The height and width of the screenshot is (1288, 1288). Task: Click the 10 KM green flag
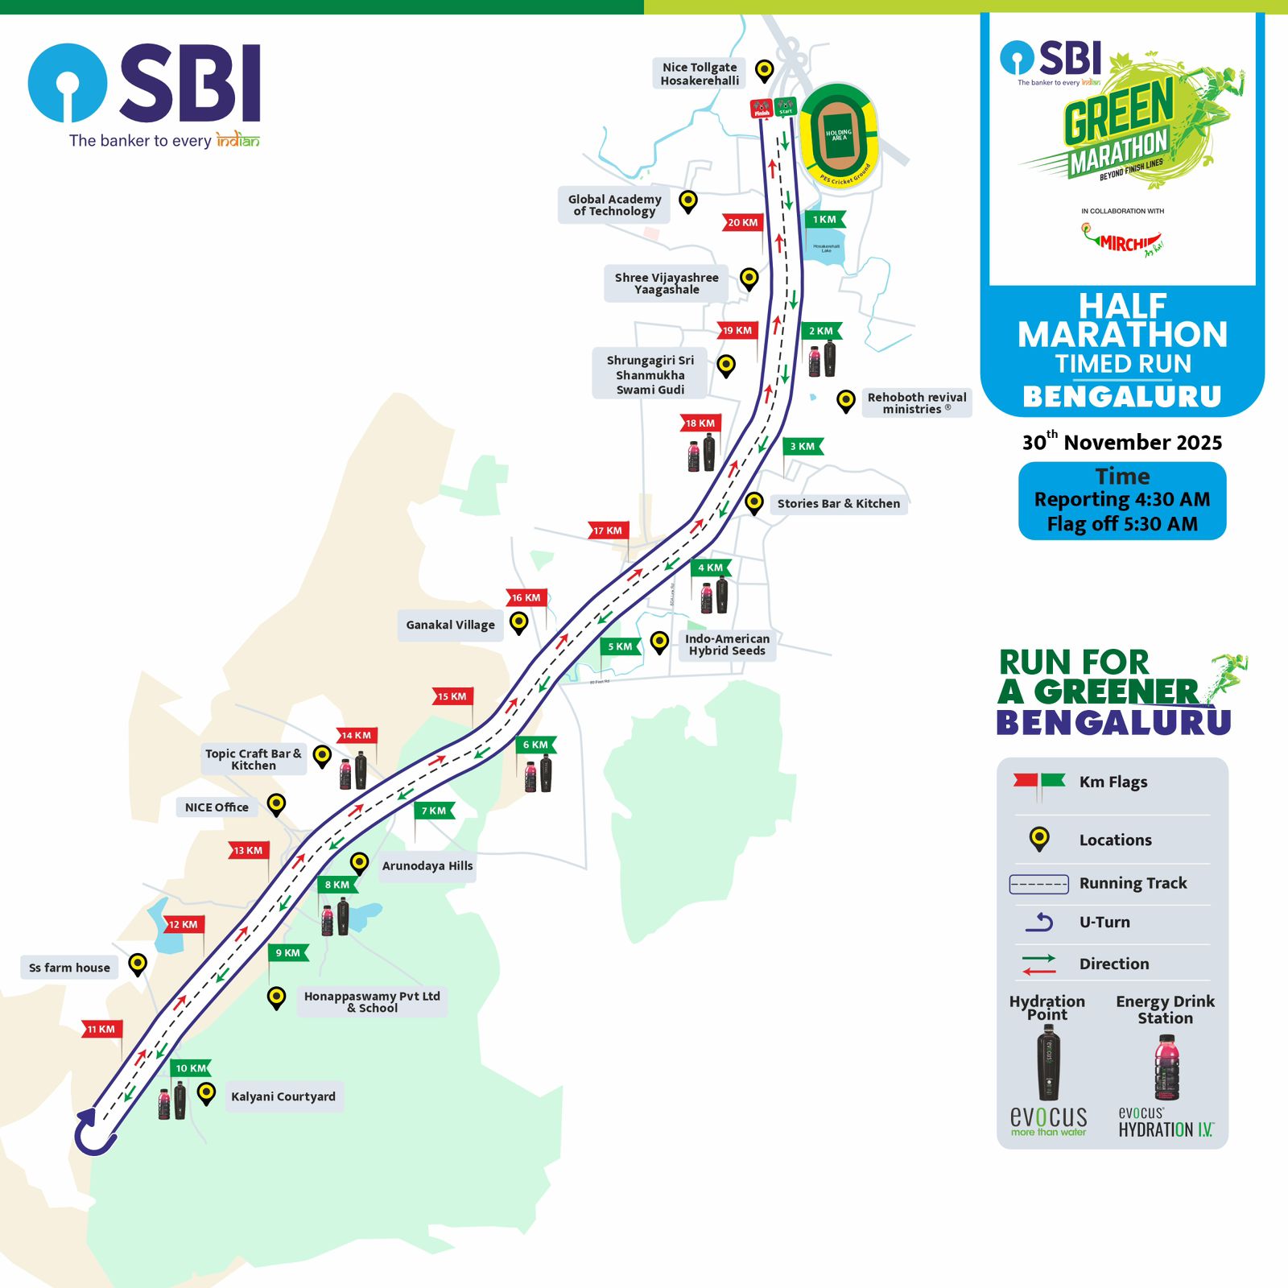[191, 1068]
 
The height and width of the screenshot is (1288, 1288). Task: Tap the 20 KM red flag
[743, 222]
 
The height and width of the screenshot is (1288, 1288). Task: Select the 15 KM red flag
[452, 696]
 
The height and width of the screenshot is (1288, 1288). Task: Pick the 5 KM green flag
[621, 646]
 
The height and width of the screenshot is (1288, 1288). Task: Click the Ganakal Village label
[450, 625]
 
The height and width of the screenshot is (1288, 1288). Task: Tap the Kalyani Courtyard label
[283, 1096]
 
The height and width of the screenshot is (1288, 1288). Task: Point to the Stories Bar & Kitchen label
[838, 504]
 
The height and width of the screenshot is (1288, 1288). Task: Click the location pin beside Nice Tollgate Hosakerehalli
[764, 70]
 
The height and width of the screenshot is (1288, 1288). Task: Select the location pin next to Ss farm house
[138, 964]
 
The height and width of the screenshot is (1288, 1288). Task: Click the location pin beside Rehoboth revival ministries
[845, 400]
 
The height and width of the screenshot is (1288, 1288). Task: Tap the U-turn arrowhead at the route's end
[86, 1117]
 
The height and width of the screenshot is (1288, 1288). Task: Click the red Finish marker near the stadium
[761, 108]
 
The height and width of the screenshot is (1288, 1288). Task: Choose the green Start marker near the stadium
[785, 107]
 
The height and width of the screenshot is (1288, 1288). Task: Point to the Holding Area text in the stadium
[838, 134]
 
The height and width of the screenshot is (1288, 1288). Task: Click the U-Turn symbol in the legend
[1039, 923]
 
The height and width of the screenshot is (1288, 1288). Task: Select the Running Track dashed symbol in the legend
[1038, 884]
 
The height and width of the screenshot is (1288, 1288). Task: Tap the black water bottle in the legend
[1048, 1063]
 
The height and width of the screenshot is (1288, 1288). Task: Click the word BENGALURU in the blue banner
[1122, 397]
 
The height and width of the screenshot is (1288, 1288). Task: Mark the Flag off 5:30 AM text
[1122, 524]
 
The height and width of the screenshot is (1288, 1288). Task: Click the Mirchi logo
[1122, 241]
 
